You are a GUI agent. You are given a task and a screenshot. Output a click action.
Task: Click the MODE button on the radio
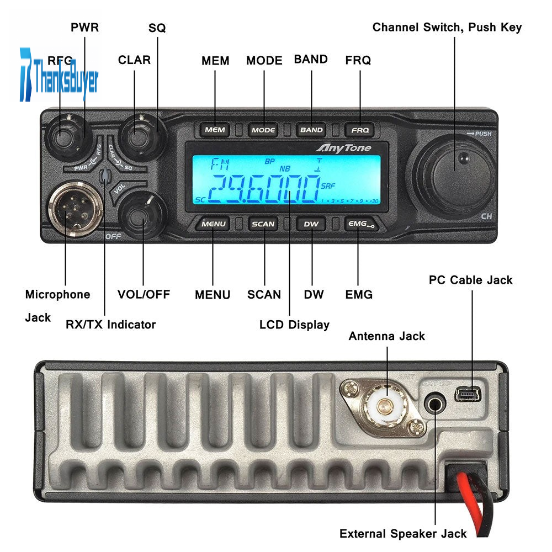263,130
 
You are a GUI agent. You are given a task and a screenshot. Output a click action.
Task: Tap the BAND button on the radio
311,130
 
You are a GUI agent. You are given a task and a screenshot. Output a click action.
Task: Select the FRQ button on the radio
360,130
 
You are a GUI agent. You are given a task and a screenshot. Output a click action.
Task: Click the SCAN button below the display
263,224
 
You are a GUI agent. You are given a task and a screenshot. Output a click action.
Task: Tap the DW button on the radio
311,224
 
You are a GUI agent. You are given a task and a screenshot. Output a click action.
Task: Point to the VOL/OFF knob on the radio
142,216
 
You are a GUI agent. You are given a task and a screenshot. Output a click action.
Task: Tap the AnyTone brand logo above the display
343,148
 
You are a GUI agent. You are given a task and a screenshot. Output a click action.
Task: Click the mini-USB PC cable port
469,394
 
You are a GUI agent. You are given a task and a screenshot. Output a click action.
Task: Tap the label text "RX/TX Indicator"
110,325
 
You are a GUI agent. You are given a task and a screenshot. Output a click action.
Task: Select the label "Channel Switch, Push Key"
447,27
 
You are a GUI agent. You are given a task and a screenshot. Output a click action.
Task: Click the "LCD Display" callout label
294,325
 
